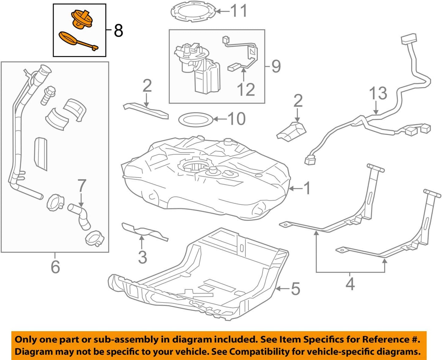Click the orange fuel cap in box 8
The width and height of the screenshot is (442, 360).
pyautogui.click(x=82, y=20)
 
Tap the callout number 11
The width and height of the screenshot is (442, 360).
pyautogui.click(x=239, y=11)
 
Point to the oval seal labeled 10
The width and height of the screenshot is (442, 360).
pyautogui.click(x=195, y=119)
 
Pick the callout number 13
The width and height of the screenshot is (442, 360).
pyautogui.click(x=378, y=93)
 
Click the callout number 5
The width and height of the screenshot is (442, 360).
pyautogui.click(x=295, y=289)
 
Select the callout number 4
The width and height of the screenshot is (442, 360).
pyautogui.click(x=350, y=284)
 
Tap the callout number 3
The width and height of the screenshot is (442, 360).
pyautogui.click(x=142, y=257)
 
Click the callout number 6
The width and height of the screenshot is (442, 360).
pyautogui.click(x=55, y=266)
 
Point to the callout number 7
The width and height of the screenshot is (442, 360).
pyautogui.click(x=81, y=186)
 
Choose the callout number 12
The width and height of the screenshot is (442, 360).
pyautogui.click(x=246, y=90)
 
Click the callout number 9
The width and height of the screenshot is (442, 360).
pyautogui.click(x=276, y=66)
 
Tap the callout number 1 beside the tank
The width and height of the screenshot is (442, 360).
pyautogui.click(x=307, y=188)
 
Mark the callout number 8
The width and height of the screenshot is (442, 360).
pyautogui.click(x=119, y=31)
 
